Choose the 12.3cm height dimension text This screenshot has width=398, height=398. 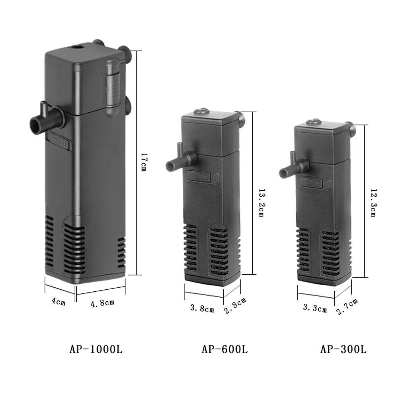point(373,203)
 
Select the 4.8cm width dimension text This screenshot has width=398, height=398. point(102,303)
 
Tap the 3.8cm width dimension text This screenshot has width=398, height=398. point(202,308)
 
